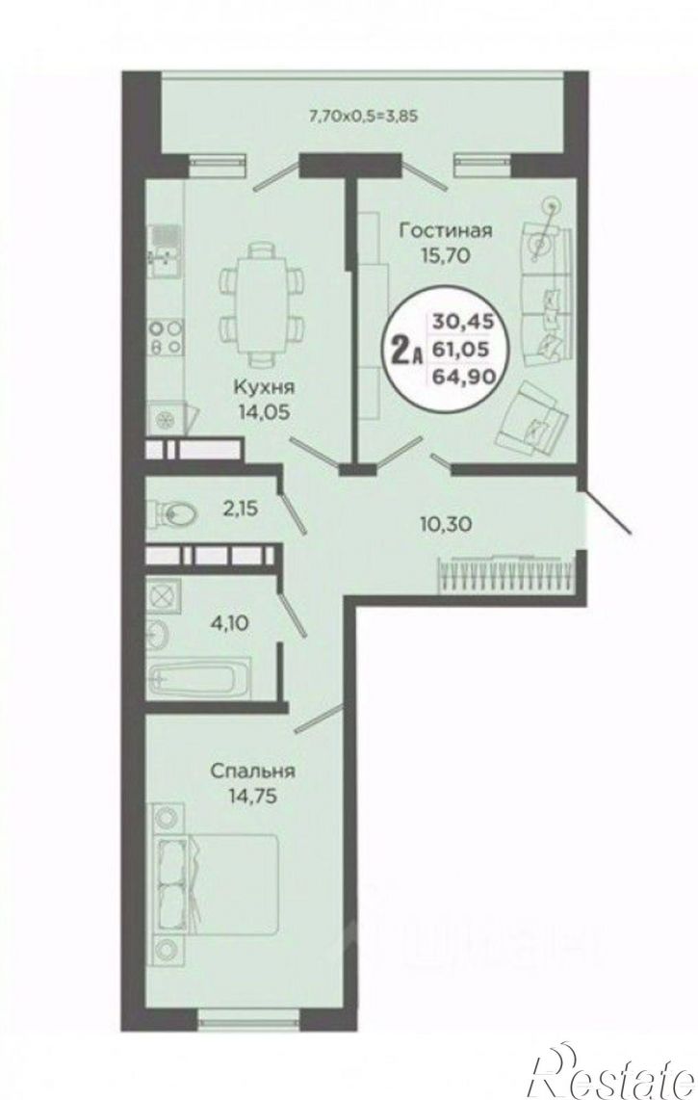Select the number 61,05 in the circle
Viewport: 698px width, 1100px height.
click(464, 349)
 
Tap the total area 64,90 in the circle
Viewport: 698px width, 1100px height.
click(464, 377)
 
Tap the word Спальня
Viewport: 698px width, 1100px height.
click(252, 771)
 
